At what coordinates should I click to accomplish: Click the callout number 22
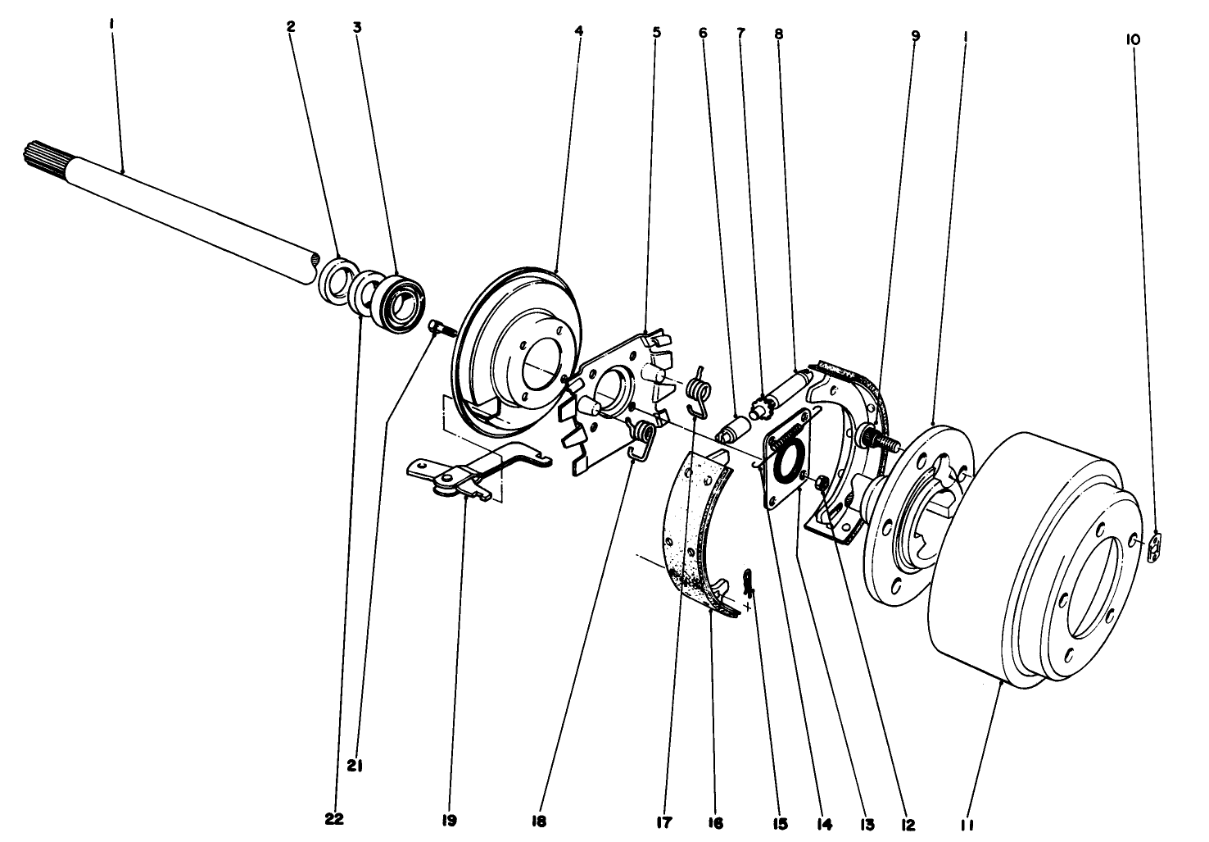tap(334, 818)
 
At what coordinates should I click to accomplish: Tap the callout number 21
tap(355, 767)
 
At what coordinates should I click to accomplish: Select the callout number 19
tap(449, 820)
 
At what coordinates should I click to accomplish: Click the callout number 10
tap(1134, 39)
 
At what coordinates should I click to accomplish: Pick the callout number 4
tap(579, 30)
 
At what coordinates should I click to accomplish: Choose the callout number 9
tap(915, 35)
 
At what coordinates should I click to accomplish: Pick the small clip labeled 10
tap(1156, 548)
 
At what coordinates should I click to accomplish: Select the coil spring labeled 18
tap(643, 437)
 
